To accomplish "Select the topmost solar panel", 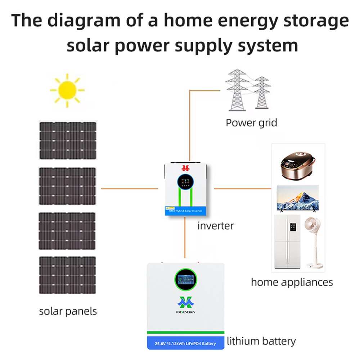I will [68, 140].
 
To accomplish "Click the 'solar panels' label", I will [68, 311].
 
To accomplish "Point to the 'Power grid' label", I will [251, 123].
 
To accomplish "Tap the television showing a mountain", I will [297, 198].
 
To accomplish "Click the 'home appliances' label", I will [292, 282].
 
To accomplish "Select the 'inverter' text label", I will [215, 226].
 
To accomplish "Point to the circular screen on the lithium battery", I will [186, 280].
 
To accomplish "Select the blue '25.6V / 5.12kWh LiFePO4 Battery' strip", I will [185, 343].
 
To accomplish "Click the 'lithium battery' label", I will [261, 341].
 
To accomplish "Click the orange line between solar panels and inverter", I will [129, 188].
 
